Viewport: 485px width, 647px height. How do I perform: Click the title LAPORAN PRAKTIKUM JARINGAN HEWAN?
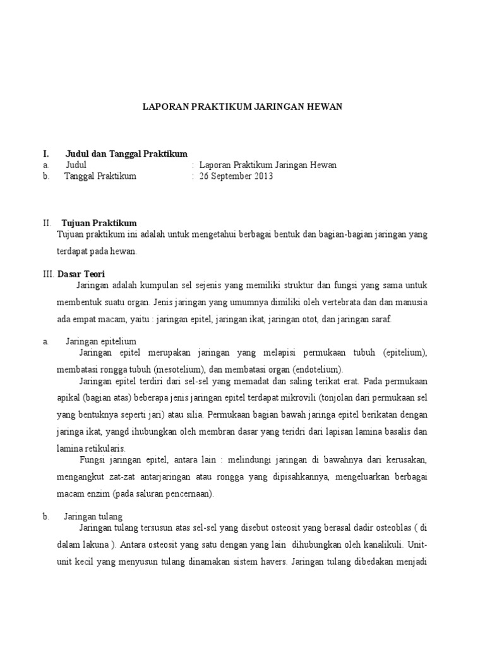[x=241, y=107]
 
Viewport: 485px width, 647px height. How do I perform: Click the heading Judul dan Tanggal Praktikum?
[x=126, y=154]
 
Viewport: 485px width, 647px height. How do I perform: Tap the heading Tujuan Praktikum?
[x=99, y=223]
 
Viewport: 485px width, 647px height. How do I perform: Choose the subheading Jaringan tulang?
[x=93, y=516]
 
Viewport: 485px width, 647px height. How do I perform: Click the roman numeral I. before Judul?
[x=45, y=154]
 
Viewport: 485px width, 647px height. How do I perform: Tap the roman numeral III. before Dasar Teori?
[x=49, y=274]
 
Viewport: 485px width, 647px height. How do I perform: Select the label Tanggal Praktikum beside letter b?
[x=100, y=176]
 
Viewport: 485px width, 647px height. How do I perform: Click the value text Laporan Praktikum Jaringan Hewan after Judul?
[x=268, y=165]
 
